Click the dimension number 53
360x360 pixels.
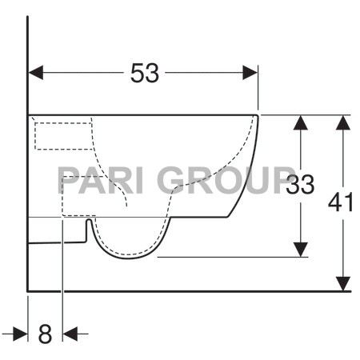pos(145,74)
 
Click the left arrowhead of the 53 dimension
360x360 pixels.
pos(35,74)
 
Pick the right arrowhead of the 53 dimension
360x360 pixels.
pos(251,74)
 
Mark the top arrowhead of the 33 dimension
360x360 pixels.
pos(300,122)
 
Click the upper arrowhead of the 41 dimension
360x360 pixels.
pos(343,122)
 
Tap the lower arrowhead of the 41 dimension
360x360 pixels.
pos(343,283)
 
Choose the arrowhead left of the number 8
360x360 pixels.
pos(21,333)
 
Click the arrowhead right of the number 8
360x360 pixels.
pos(70,333)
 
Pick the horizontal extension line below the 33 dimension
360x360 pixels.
pos(232,258)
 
